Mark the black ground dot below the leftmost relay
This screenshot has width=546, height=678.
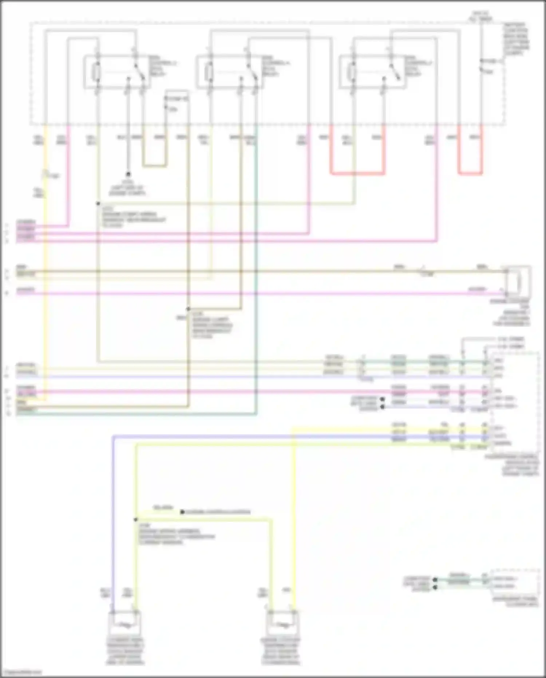click(x=128, y=175)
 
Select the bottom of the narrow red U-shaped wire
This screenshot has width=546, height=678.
click(x=470, y=173)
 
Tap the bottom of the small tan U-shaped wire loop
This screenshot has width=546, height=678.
click(x=154, y=166)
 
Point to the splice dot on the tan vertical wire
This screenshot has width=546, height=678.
click(x=188, y=309)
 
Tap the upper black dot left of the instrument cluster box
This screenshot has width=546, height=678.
click(x=435, y=579)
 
